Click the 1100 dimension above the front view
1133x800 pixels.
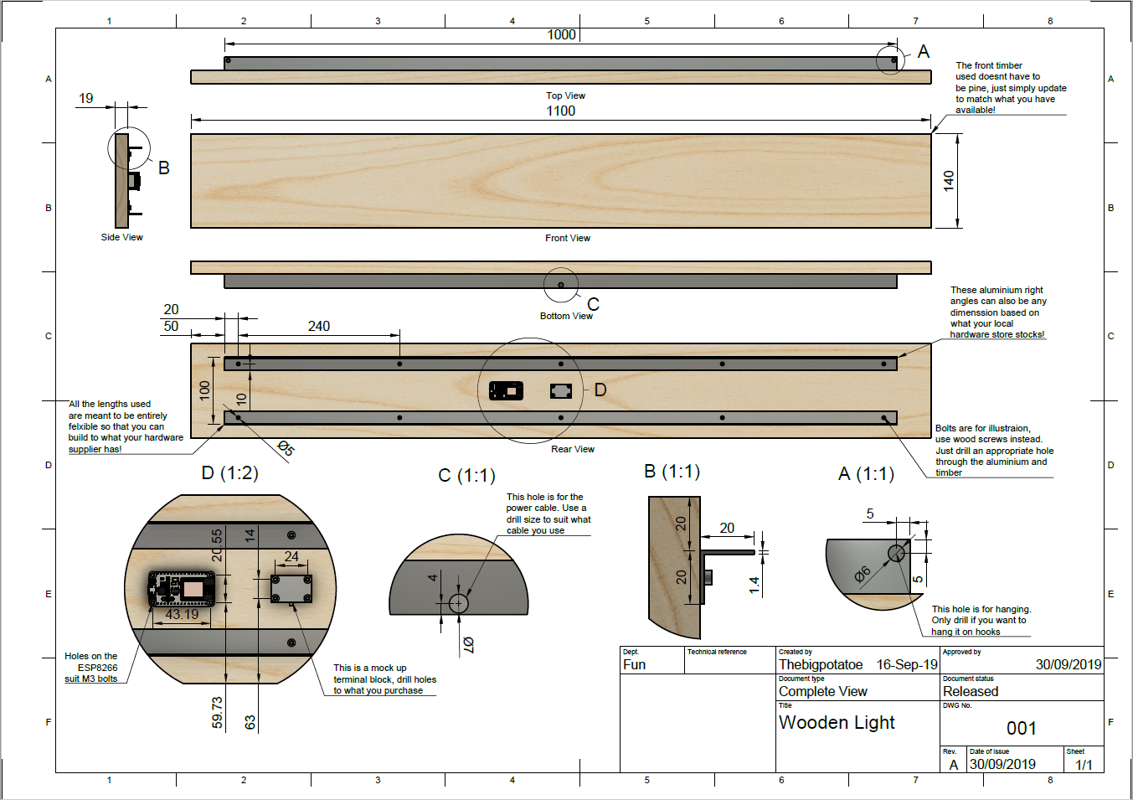(560, 111)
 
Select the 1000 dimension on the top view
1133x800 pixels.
(561, 35)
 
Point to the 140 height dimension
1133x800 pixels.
(949, 181)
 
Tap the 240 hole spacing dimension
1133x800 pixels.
(319, 327)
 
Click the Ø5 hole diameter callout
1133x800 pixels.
(286, 448)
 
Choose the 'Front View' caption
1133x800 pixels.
(568, 239)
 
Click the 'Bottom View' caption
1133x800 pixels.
(566, 317)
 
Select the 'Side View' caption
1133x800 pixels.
(122, 237)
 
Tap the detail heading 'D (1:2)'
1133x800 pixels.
(230, 473)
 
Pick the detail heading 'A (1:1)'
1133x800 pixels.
(867, 474)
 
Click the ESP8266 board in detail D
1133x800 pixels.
(182, 589)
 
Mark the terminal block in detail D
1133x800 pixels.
(291, 589)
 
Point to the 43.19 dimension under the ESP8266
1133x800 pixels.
(182, 614)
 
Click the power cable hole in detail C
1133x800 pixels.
(458, 603)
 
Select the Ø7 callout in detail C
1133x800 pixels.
(468, 644)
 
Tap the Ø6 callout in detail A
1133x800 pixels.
(863, 574)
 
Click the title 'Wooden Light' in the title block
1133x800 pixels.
(837, 723)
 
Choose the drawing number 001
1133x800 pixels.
(1022, 728)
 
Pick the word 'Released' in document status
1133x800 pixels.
(971, 691)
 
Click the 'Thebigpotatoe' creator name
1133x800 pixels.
(821, 664)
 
